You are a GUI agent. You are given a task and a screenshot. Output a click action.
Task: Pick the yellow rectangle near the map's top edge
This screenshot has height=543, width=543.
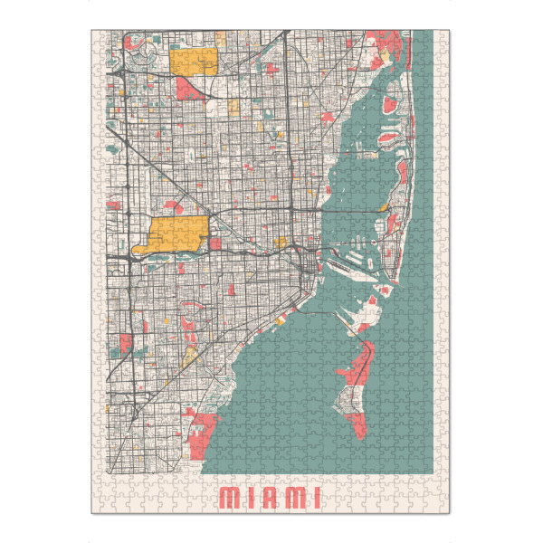tap(194, 62)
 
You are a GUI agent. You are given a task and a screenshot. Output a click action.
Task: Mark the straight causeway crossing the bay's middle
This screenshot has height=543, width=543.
tap(353, 211)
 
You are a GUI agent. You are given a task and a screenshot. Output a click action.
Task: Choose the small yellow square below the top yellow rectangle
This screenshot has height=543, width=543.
tap(233, 107)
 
